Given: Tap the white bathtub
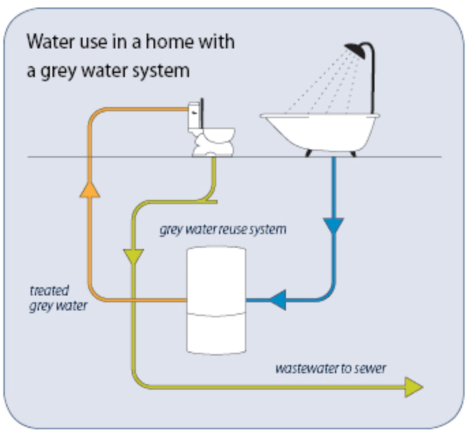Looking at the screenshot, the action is pos(320,131).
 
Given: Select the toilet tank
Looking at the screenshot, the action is pos(194,116).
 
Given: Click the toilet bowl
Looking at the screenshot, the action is pos(214,142).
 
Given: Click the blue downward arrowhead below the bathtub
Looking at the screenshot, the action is pos(334,226).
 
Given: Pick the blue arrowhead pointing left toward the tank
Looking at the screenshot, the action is pos(278,300).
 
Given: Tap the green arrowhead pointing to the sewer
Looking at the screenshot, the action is pos(414,387).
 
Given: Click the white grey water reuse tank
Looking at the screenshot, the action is pos(216,300).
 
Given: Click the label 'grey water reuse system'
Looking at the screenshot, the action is pos(222,229).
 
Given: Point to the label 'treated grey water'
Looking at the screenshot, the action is pos(59,298).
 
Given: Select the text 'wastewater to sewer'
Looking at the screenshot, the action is pos(331,368).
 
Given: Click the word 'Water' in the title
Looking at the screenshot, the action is pos(50,42).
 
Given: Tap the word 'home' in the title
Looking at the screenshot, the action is pos(170,42).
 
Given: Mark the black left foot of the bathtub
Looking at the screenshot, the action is pos(308,154).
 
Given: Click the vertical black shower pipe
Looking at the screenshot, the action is pos(372,79).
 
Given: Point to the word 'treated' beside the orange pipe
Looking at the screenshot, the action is pos(50,291).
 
